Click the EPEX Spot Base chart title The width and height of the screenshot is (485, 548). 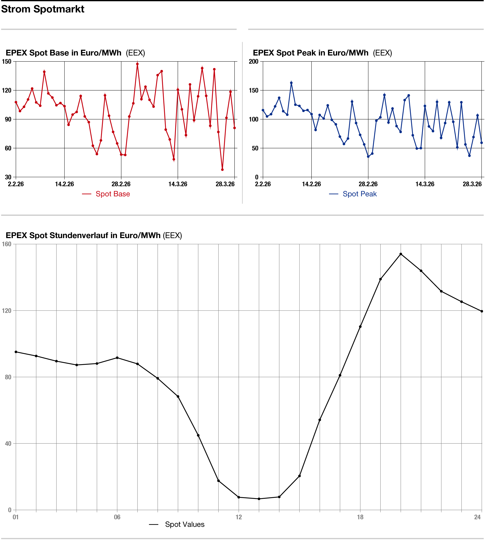pyautogui.click(x=63, y=53)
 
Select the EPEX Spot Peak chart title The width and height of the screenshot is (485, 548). pyautogui.click(x=311, y=53)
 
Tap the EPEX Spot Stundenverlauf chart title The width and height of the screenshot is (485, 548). pyautogui.click(x=83, y=235)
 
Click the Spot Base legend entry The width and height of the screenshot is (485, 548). pyautogui.click(x=112, y=194)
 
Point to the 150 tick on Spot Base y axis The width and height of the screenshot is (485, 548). pyautogui.click(x=7, y=61)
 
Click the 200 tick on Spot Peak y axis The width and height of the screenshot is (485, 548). pyautogui.click(x=253, y=61)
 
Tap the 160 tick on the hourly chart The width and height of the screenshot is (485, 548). pyautogui.click(x=7, y=244)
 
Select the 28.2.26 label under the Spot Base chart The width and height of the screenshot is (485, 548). pyautogui.click(x=121, y=184)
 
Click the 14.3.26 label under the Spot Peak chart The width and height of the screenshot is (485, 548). pyautogui.click(x=425, y=184)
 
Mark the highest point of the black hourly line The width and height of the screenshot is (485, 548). pyautogui.click(x=401, y=254)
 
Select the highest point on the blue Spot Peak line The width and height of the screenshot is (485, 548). pyautogui.click(x=291, y=83)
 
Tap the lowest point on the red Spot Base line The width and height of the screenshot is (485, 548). pyautogui.click(x=222, y=170)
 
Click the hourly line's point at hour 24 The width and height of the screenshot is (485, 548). pyautogui.click(x=482, y=311)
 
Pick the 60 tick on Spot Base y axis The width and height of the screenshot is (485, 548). pyautogui.click(x=8, y=148)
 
